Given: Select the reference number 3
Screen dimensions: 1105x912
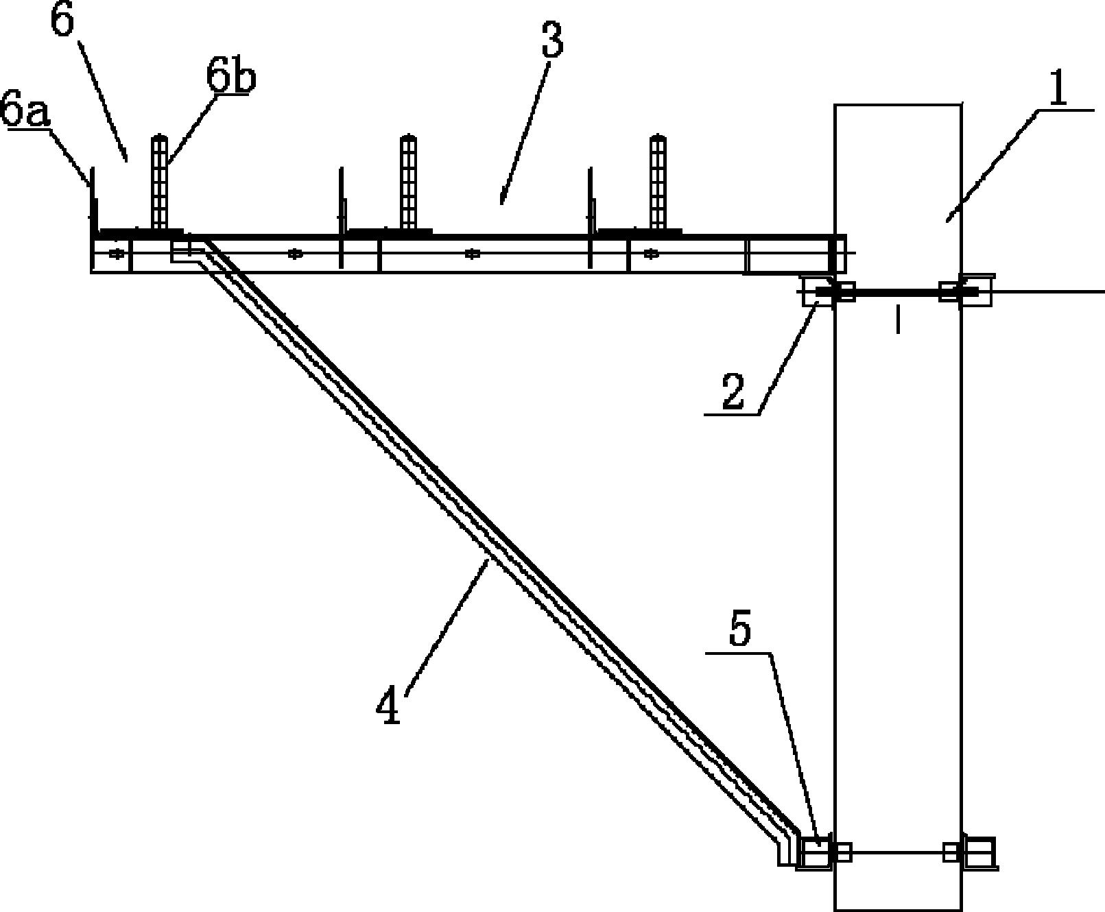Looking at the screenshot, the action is point(552,40).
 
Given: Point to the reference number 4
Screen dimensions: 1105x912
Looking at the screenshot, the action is point(389,707).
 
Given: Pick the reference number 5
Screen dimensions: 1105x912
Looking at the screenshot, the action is point(741,631).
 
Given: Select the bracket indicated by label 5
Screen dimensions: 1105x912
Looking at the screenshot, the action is point(814,853).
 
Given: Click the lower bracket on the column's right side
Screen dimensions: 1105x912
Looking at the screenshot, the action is point(979,853).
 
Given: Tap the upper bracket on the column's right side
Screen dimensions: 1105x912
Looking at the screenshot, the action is point(966,290).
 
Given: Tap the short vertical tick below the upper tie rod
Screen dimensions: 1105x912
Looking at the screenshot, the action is point(897,320).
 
